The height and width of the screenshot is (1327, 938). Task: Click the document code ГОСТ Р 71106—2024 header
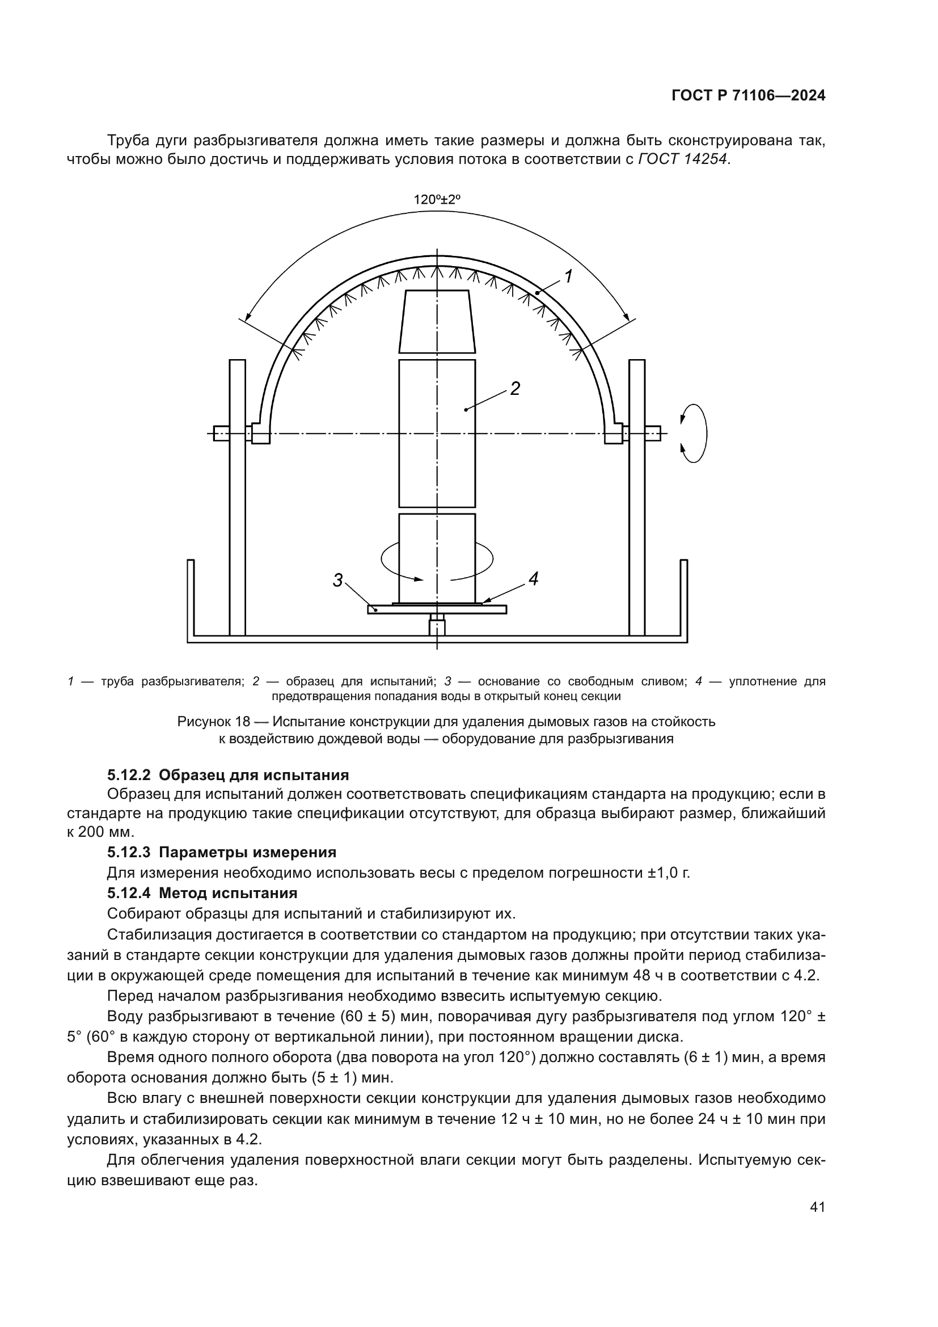[x=749, y=96]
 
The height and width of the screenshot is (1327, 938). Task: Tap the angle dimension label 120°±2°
[x=437, y=200]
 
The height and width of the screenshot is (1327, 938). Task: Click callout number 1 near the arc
[x=568, y=277]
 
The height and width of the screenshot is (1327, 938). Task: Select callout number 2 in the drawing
[x=514, y=389]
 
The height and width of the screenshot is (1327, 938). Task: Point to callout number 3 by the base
[x=338, y=580]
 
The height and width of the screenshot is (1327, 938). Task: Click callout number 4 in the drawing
[x=533, y=579]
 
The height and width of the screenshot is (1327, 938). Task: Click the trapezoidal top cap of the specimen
[x=437, y=321]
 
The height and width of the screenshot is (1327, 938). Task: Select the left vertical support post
[x=238, y=497]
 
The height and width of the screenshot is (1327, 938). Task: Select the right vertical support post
[x=637, y=497]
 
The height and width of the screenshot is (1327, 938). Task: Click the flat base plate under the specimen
[x=437, y=609]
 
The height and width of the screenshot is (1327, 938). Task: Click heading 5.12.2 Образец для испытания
[x=228, y=774]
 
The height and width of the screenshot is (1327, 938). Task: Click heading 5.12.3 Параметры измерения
[x=222, y=852]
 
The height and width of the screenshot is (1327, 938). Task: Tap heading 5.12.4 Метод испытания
[x=202, y=893]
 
